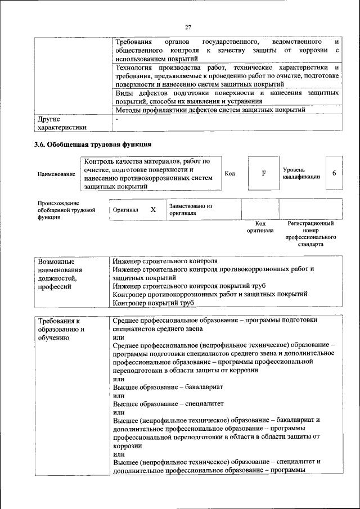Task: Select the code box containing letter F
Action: click(x=263, y=173)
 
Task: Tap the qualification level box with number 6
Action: click(x=334, y=173)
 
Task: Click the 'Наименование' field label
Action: click(x=56, y=174)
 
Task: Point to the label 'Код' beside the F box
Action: click(x=229, y=173)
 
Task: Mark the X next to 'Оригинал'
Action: click(x=153, y=209)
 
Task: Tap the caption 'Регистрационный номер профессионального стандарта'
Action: click(x=310, y=234)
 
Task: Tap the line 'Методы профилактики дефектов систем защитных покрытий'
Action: click(x=210, y=110)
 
